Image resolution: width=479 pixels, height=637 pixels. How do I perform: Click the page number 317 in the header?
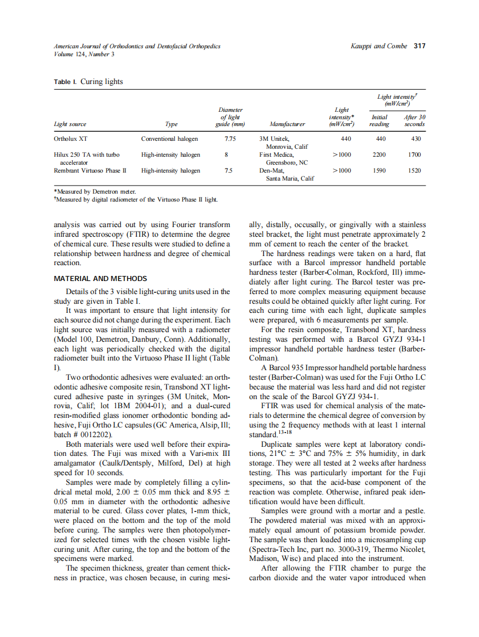(419, 46)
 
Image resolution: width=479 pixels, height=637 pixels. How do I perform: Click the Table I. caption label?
(66, 82)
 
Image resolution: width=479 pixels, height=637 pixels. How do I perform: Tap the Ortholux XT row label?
(70, 139)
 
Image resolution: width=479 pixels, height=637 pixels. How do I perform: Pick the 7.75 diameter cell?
(230, 139)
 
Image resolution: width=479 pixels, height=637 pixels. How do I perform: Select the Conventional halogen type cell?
(169, 139)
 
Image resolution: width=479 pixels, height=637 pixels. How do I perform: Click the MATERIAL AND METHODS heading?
(100, 279)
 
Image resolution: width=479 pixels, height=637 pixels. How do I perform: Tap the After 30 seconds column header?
(414, 120)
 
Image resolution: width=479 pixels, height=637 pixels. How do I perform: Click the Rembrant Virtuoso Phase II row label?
(90, 170)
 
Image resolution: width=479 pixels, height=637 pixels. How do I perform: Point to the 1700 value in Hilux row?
(414, 154)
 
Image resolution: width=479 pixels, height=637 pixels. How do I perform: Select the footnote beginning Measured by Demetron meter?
(94, 192)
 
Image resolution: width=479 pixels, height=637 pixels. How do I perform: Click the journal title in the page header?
(137, 46)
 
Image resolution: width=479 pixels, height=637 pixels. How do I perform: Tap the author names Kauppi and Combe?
(379, 46)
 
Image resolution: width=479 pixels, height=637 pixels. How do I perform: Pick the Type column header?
(171, 124)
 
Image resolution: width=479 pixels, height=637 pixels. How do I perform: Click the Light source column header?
(70, 124)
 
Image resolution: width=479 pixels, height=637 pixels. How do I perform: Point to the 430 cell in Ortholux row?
(415, 139)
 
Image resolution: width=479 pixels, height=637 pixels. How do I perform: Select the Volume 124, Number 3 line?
(83, 54)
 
